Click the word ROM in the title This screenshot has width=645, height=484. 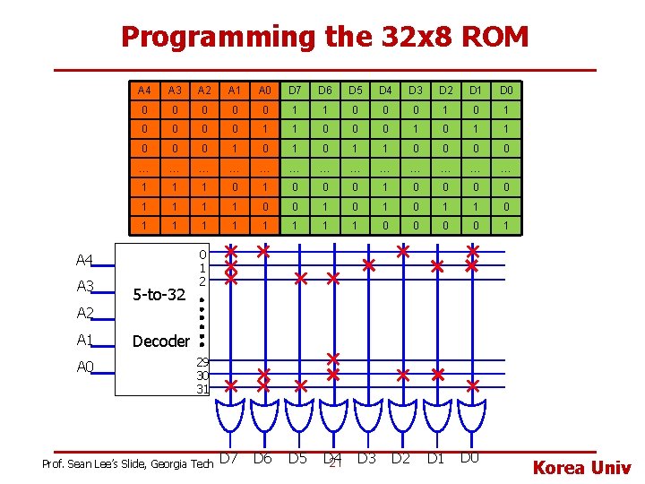click(x=493, y=37)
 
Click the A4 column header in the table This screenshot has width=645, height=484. click(x=144, y=91)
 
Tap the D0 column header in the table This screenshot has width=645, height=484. click(x=506, y=91)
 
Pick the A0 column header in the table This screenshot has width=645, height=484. click(x=264, y=91)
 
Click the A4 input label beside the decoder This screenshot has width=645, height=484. click(x=85, y=261)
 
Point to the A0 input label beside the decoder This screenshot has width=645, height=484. click(x=85, y=367)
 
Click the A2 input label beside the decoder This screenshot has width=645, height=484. click(x=85, y=314)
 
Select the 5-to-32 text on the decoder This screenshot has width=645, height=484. click(x=158, y=294)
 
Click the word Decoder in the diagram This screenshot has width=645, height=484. click(x=160, y=341)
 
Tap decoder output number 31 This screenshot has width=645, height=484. click(x=202, y=389)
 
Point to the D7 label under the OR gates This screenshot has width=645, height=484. click(x=229, y=459)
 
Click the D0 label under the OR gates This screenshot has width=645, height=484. click(x=469, y=459)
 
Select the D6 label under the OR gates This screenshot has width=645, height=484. click(x=262, y=459)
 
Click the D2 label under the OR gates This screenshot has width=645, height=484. click(x=400, y=459)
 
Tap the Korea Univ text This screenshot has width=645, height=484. click(x=582, y=468)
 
